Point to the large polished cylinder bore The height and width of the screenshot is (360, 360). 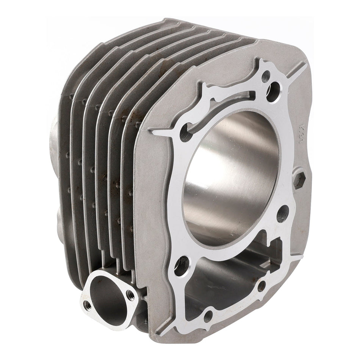click(231, 178)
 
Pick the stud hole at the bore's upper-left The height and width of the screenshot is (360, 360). click(185, 135)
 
